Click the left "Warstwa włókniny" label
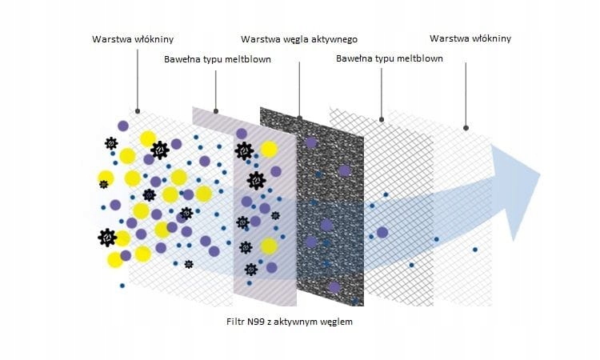point(133,38)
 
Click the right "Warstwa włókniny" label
point(470,38)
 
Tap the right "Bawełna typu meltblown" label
point(390,58)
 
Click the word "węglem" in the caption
point(335,322)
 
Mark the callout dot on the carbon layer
point(300,118)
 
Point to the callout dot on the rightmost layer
point(466,127)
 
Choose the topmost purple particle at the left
point(122,125)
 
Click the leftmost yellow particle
point(105,177)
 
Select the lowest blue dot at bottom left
point(122,285)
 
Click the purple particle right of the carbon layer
point(382,232)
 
